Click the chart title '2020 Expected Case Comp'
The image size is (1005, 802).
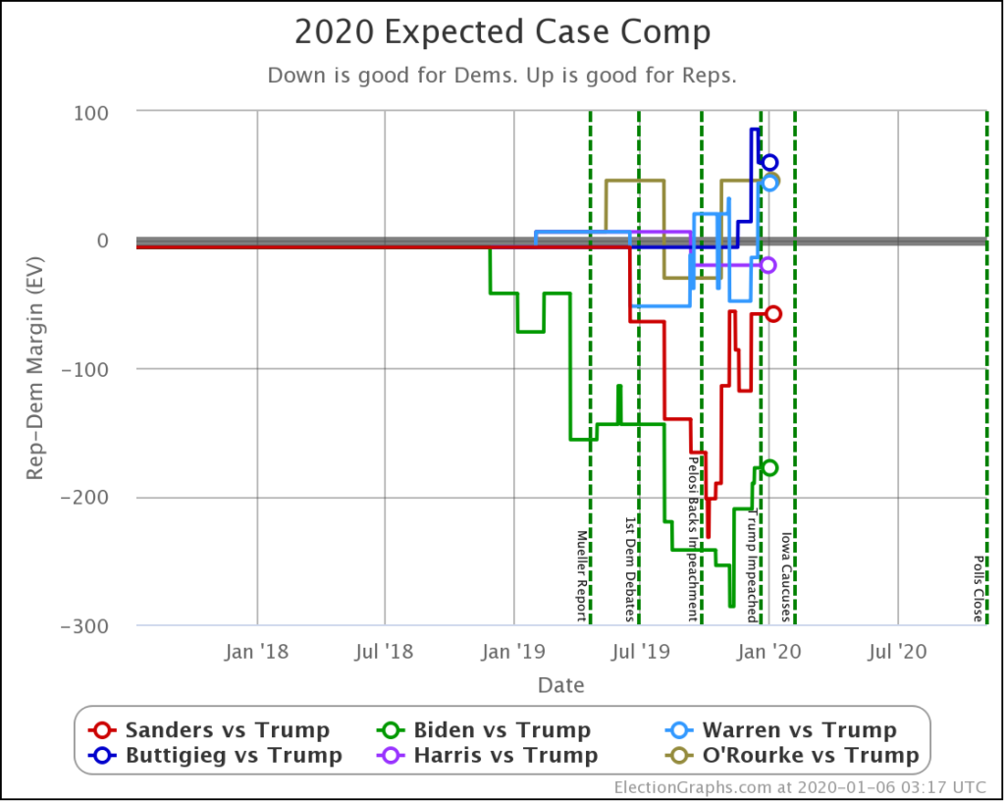pos(502,32)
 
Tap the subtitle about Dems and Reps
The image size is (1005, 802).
pos(502,76)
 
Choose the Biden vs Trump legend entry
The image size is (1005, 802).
pos(486,730)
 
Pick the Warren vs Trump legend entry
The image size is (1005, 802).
pos(782,730)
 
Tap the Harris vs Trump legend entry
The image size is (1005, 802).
pos(488,755)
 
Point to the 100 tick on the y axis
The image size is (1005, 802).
pos(90,113)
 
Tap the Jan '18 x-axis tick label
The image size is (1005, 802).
pos(256,650)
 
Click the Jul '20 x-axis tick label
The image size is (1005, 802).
pos(898,650)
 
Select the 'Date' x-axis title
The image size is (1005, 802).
pos(560,684)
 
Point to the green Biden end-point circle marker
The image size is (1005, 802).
pos(769,468)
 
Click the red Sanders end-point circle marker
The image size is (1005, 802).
pos(772,314)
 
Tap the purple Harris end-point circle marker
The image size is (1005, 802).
pos(768,264)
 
